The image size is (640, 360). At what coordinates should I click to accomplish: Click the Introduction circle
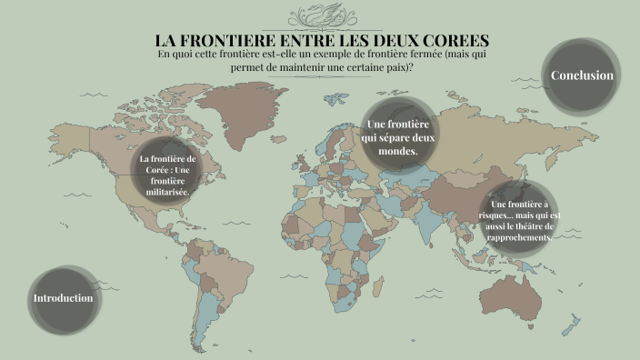(63, 298)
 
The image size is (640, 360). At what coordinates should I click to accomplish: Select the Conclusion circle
(582, 75)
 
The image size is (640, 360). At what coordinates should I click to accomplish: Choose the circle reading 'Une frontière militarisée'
(168, 175)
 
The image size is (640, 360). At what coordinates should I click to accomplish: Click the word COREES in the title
(452, 41)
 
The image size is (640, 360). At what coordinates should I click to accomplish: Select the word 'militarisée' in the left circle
(168, 192)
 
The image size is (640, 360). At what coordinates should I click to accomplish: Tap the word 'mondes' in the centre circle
(397, 152)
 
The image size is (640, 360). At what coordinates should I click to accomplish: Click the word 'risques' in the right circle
(502, 215)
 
